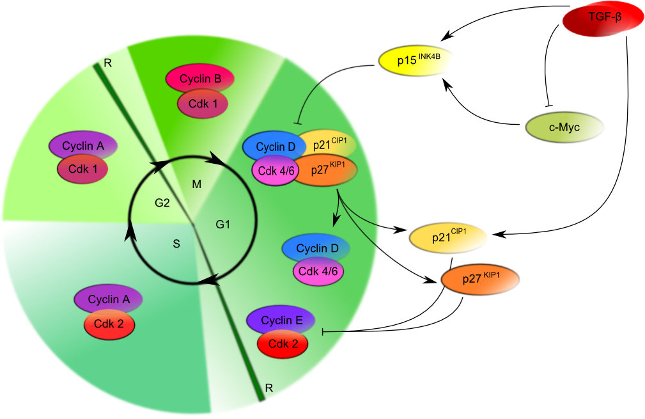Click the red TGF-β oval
click(603, 18)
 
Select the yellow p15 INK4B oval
click(416, 61)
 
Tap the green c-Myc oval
click(564, 127)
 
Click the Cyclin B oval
click(200, 78)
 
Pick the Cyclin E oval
click(281, 320)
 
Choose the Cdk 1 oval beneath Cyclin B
click(203, 104)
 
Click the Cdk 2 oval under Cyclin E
click(283, 344)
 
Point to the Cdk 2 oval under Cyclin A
click(109, 324)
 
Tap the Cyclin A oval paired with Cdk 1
click(83, 146)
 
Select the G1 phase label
click(222, 225)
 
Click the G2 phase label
click(162, 203)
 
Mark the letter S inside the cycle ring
click(176, 244)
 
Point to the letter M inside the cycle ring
click(197, 184)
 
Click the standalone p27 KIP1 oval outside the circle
click(480, 280)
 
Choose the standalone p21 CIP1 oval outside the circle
click(448, 237)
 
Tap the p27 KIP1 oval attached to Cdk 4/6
click(326, 170)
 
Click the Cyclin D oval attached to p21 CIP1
click(275, 146)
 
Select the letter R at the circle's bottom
click(269, 388)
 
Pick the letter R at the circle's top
click(108, 63)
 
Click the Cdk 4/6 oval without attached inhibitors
click(318, 271)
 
